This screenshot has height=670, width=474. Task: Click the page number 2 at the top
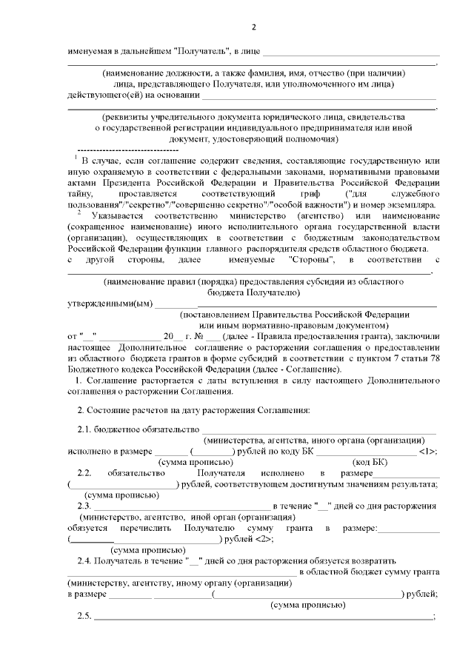pos(253,28)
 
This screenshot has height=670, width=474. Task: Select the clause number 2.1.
pos(87,430)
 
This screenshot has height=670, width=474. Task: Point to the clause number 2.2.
pos(87,473)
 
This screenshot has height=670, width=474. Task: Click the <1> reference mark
pos(427,451)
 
